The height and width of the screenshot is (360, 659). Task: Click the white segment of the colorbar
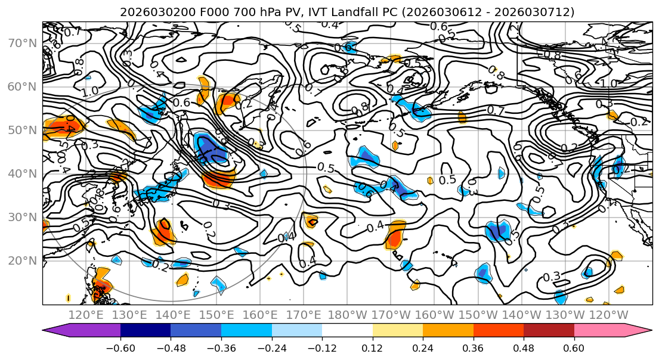point(347,331)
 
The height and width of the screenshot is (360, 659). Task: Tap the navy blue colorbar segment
point(146,331)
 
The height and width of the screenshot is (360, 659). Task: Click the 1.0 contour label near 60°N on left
point(91,92)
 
